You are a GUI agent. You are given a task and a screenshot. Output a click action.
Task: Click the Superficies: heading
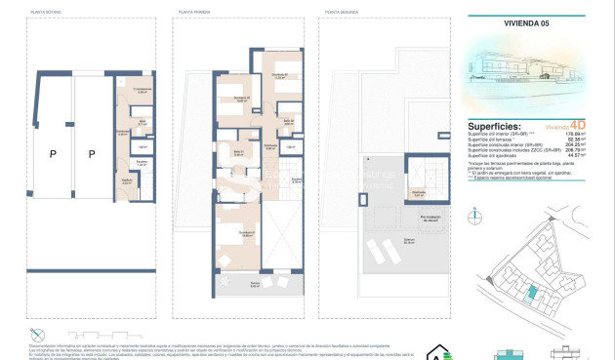pos(496,127)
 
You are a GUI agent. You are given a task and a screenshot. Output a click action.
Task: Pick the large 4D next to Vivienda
pos(579,126)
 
